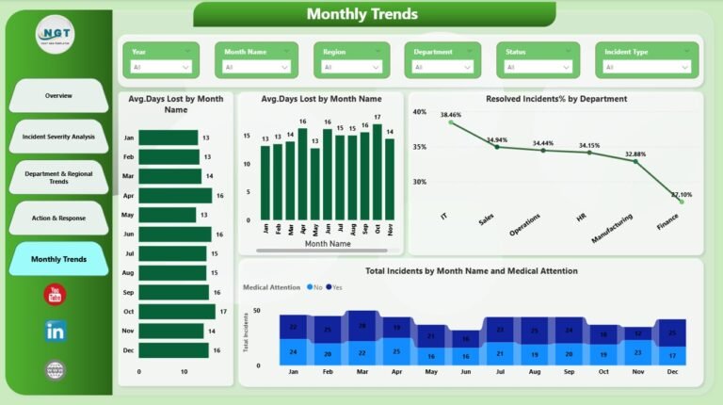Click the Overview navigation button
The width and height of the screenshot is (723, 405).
tap(58, 96)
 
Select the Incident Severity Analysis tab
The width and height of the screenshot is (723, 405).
tap(58, 137)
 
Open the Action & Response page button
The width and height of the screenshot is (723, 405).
tap(58, 218)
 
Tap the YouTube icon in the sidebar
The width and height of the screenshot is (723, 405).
tap(56, 294)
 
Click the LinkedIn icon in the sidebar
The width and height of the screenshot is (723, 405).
tap(56, 331)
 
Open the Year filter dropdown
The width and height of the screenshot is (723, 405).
tap(162, 67)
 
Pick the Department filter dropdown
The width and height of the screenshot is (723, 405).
tap(447, 67)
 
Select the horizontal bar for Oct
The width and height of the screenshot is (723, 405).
tap(176, 312)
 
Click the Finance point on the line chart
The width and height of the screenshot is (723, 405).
tap(681, 201)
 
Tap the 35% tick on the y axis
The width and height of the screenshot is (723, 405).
tap(420, 147)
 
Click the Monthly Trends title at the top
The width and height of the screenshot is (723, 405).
tap(361, 14)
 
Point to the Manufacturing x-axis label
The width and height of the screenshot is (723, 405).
tap(613, 226)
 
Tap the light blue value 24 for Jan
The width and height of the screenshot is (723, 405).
tap(294, 352)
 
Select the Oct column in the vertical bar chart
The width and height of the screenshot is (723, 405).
tap(377, 172)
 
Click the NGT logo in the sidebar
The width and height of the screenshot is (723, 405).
tap(56, 34)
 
